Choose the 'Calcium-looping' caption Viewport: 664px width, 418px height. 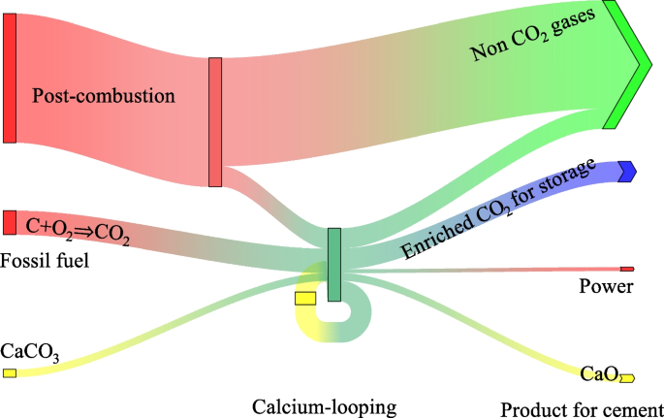pyautogui.click(x=324, y=404)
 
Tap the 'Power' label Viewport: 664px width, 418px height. pyautogui.click(x=606, y=286)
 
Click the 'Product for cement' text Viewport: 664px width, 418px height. pyautogui.click(x=582, y=406)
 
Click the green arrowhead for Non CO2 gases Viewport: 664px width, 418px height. pyautogui.click(x=625, y=66)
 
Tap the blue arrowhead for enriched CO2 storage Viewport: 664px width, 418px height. pyautogui.click(x=626, y=171)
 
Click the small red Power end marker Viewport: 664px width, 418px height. pyautogui.click(x=626, y=269)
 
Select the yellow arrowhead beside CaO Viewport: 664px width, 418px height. pyautogui.click(x=627, y=377)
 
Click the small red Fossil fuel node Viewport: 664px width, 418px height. pyautogui.click(x=10, y=222)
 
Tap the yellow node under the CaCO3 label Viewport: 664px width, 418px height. pyautogui.click(x=10, y=373)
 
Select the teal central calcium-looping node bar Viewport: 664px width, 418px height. pyautogui.click(x=334, y=265)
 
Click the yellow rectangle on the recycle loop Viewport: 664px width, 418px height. pyautogui.click(x=305, y=298)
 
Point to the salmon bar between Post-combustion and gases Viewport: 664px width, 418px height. pyautogui.click(x=215, y=122)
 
